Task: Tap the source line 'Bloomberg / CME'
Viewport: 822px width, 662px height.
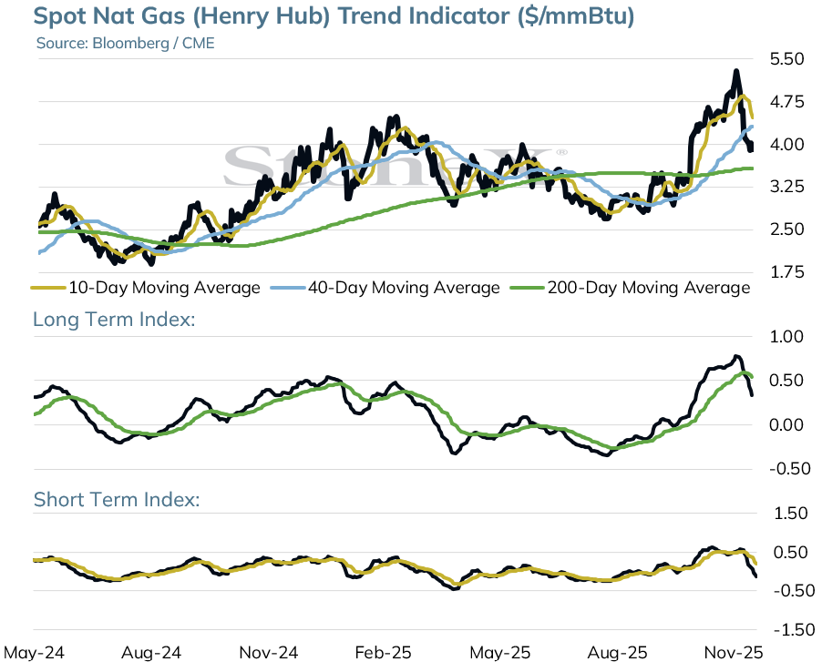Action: point(153,43)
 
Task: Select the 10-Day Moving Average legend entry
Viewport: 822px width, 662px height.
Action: point(146,288)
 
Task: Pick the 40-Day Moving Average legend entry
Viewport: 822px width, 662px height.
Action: point(385,288)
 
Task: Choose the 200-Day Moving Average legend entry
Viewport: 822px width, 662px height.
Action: point(631,288)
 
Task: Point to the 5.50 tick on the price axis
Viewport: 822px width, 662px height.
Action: point(786,58)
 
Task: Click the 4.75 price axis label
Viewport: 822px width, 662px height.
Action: point(786,102)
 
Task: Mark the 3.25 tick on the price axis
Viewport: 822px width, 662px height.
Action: point(786,187)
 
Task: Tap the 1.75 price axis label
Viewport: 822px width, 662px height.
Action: point(786,272)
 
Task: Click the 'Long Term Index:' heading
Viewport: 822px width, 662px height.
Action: point(114,319)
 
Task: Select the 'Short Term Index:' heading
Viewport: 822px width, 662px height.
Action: point(117,499)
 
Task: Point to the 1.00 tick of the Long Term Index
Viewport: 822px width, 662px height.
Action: point(786,336)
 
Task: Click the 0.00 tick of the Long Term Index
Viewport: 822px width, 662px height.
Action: point(786,424)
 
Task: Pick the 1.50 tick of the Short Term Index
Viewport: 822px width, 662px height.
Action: point(791,514)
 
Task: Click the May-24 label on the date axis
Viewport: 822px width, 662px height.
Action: point(34,653)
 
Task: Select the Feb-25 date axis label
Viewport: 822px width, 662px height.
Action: point(384,653)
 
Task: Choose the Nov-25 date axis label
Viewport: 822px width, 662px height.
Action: point(734,653)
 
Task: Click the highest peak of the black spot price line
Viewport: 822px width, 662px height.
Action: point(736,71)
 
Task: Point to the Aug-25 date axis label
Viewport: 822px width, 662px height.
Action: point(618,653)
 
